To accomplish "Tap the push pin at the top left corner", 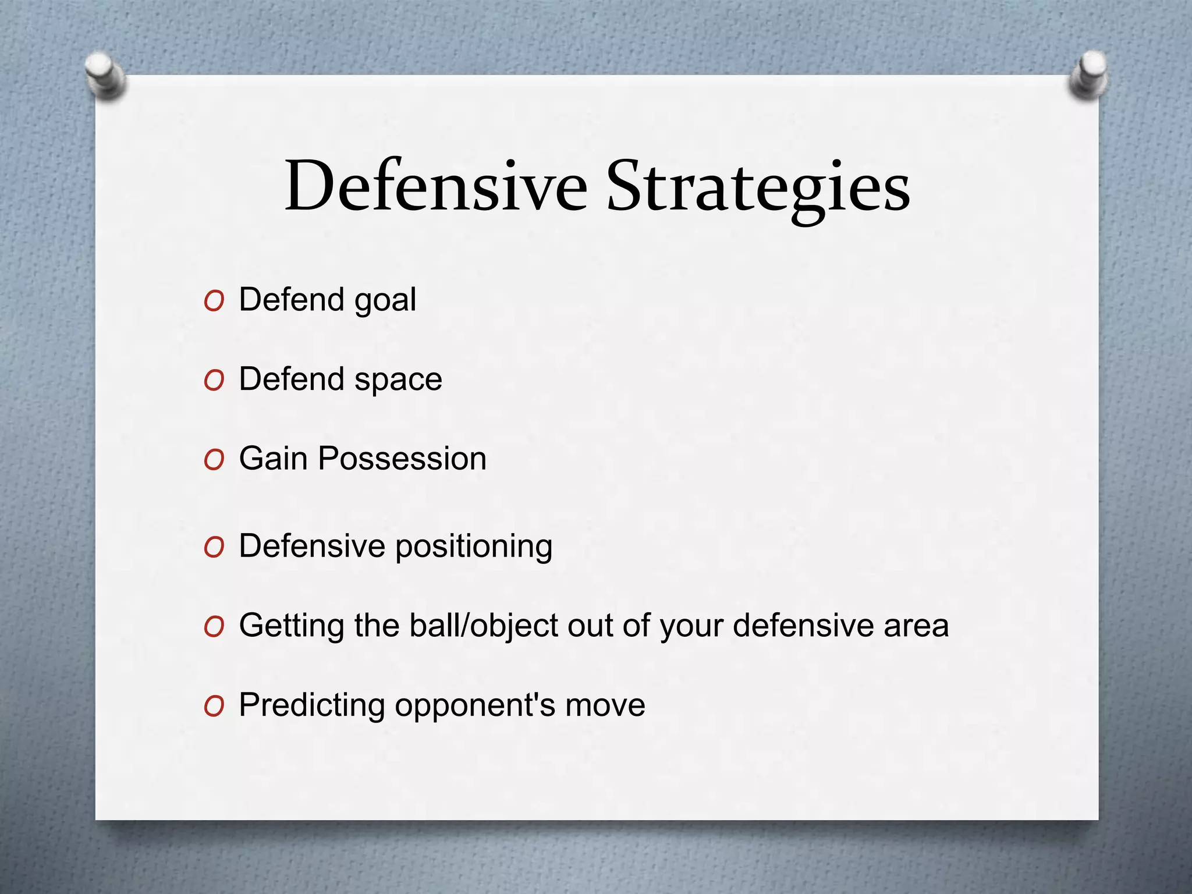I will click(105, 76).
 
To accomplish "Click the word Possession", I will click(402, 459).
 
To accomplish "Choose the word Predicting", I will click(312, 706).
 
